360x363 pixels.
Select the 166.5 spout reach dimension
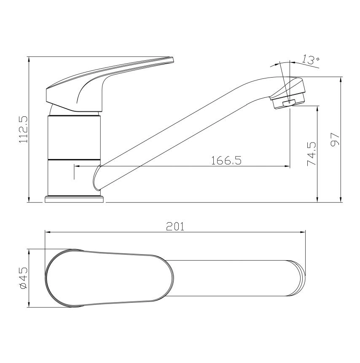[x=226, y=160]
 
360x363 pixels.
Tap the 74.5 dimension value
[x=312, y=154]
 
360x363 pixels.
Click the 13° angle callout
[x=311, y=60]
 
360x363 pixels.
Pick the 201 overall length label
[x=175, y=227]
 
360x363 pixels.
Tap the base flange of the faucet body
[x=74, y=199]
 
